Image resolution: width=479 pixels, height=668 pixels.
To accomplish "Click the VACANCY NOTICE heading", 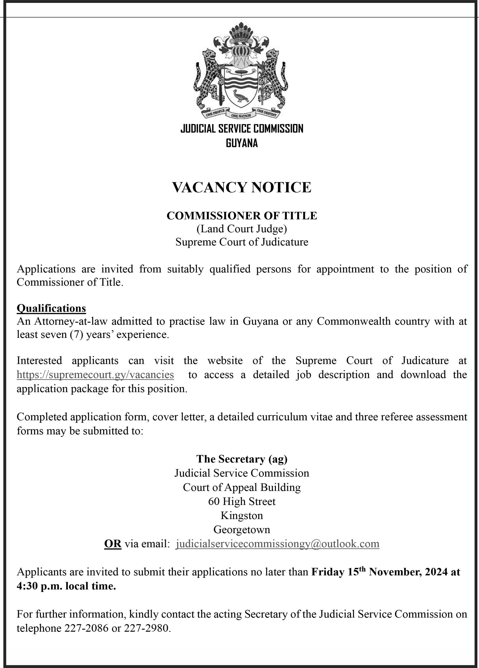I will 241,187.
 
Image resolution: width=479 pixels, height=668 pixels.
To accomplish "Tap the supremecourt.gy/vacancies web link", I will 95,375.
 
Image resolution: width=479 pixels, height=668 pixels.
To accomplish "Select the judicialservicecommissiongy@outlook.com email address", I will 277,543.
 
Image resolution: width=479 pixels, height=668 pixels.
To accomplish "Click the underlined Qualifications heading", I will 51,308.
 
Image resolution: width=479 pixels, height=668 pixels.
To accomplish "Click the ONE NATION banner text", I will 241,116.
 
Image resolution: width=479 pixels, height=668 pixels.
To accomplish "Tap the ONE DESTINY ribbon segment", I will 267,113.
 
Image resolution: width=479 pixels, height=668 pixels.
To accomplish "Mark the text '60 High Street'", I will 242,501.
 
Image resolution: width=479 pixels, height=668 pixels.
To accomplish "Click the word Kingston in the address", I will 242,515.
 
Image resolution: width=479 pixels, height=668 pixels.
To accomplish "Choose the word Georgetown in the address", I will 242,529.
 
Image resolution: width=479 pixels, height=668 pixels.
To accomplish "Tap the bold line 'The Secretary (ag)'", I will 242,459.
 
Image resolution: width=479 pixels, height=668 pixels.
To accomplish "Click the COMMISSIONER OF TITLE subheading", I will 242,216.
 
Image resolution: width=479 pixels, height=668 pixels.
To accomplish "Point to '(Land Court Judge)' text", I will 242,229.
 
